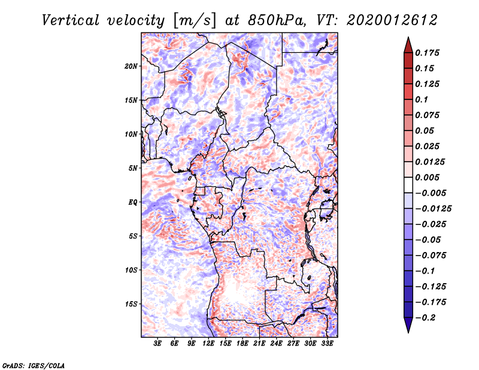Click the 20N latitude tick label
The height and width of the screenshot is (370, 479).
click(131, 66)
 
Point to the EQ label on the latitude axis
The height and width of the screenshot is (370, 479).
click(133, 202)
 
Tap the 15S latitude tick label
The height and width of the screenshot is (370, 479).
click(131, 304)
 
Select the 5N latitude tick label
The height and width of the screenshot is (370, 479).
click(133, 168)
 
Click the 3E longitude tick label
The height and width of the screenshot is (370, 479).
click(158, 344)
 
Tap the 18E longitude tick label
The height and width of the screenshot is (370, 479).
click(242, 344)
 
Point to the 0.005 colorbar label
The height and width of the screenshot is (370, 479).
click(428, 177)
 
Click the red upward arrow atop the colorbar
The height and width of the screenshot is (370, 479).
click(408, 43)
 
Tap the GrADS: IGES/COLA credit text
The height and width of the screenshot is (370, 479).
click(34, 365)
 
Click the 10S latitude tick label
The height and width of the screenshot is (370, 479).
click(131, 270)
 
